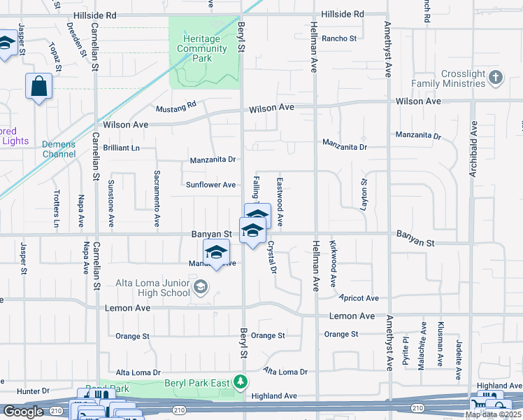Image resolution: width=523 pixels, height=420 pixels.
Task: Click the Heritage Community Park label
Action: tap(203, 48)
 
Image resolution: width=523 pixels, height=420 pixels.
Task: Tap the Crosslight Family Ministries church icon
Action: tap(496, 77)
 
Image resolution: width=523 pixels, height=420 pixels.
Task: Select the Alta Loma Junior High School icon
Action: tap(201, 286)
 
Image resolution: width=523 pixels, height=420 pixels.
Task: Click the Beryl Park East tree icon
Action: tap(241, 381)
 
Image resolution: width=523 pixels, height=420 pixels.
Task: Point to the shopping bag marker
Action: tap(39, 87)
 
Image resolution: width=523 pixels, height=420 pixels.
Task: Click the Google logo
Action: tap(23, 412)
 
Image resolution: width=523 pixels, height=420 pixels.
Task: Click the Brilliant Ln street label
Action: tap(121, 148)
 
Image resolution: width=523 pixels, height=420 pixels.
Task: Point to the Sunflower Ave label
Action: tap(210, 185)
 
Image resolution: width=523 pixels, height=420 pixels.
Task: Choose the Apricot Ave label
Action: tap(359, 297)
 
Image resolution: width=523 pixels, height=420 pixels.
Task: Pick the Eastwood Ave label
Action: tap(279, 201)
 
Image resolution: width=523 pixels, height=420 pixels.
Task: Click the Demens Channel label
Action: tap(59, 149)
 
